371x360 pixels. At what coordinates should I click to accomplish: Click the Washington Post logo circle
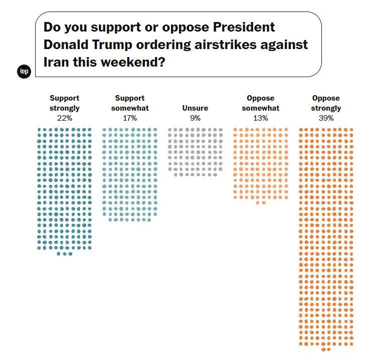pyautogui.click(x=24, y=72)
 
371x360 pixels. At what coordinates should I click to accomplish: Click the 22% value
pyautogui.click(x=65, y=118)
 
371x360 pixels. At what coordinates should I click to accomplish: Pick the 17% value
pyautogui.click(x=130, y=118)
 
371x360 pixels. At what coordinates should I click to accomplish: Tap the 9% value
pyautogui.click(x=195, y=118)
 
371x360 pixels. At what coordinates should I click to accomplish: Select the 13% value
pyautogui.click(x=261, y=118)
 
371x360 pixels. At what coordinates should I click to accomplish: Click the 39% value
pyautogui.click(x=326, y=118)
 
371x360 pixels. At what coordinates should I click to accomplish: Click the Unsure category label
pyautogui.click(x=195, y=108)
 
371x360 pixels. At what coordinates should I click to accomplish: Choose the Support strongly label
pyautogui.click(x=65, y=103)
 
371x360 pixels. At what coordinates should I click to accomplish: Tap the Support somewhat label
pyautogui.click(x=130, y=103)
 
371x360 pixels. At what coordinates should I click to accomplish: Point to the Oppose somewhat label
pyautogui.click(x=261, y=103)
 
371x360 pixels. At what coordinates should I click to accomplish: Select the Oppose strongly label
pyautogui.click(x=326, y=103)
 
